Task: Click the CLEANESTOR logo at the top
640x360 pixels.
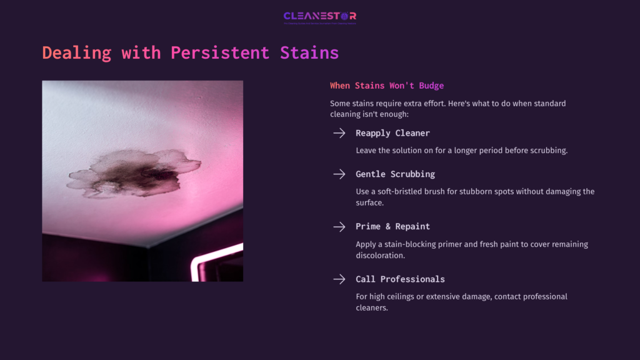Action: [319, 16]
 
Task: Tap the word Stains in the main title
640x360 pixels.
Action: [309, 52]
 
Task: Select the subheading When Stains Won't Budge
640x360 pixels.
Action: [387, 85]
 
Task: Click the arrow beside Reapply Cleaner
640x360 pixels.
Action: [339, 133]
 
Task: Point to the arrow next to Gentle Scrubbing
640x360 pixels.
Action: [339, 174]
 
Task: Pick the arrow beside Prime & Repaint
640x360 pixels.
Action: [339, 226]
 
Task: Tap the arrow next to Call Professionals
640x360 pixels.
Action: [339, 279]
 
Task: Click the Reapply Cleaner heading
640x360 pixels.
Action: [392, 133]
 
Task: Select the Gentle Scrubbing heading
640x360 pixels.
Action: [395, 174]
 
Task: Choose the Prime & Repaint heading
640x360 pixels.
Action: [392, 226]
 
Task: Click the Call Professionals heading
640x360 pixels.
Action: [400, 279]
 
